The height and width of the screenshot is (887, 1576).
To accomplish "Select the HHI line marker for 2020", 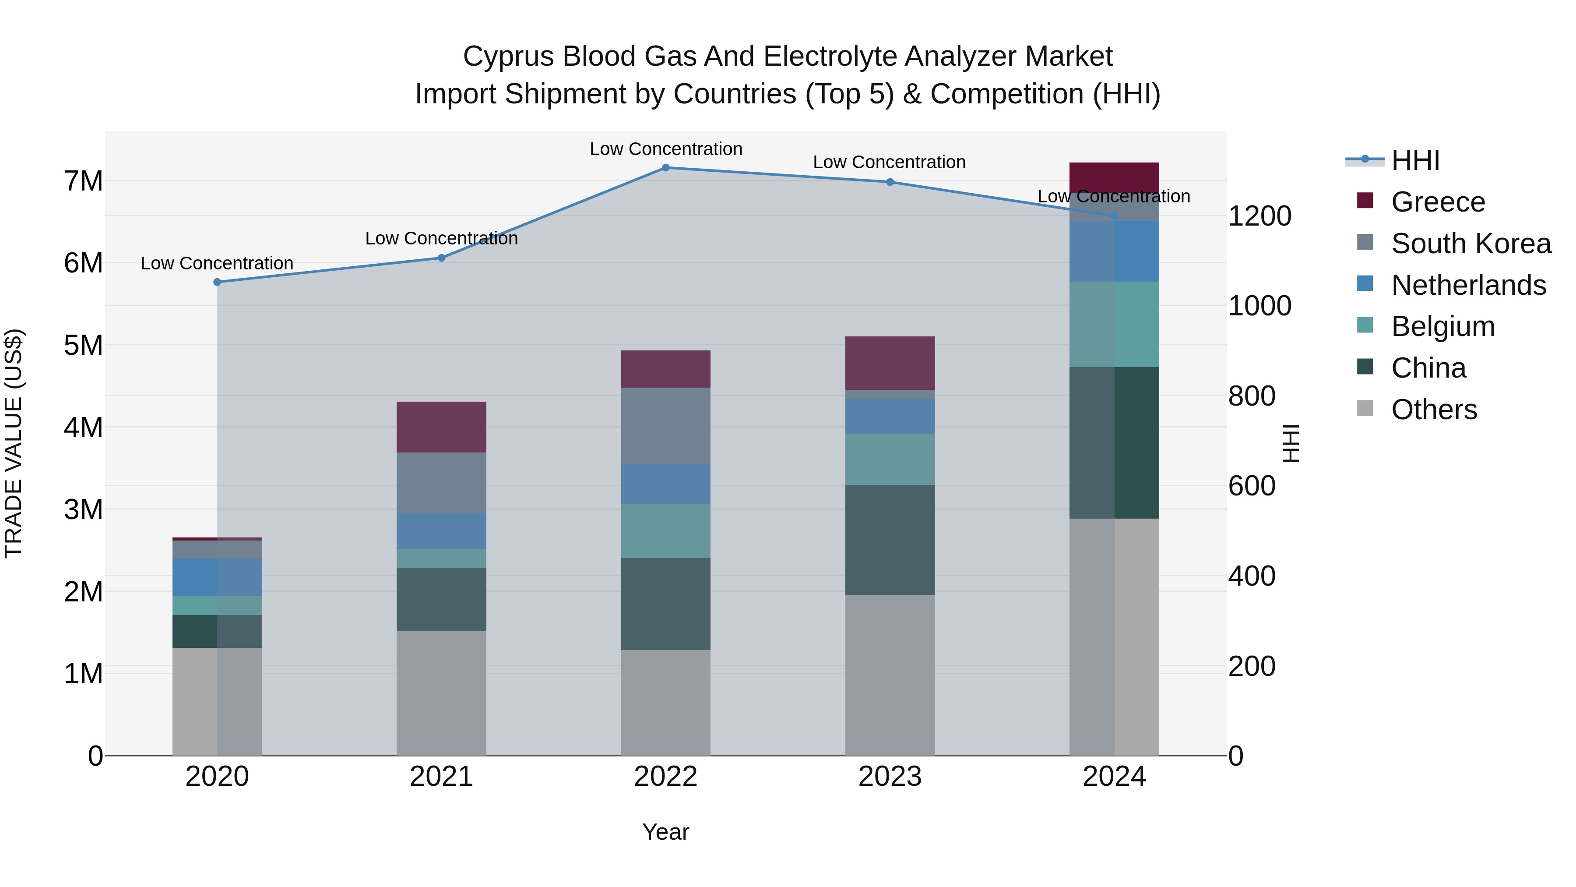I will click(x=217, y=282).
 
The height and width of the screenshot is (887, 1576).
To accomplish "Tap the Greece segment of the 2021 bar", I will click(x=441, y=427).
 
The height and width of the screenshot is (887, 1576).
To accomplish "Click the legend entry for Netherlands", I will click(x=1468, y=285).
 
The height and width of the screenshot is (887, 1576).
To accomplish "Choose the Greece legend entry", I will click(x=1438, y=201).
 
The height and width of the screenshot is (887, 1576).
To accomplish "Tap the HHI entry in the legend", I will click(x=1415, y=160).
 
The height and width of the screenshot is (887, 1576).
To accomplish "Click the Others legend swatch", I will click(x=1365, y=408).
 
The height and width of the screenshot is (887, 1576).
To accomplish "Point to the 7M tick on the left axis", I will click(x=83, y=181).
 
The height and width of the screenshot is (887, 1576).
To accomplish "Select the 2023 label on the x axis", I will click(x=890, y=776).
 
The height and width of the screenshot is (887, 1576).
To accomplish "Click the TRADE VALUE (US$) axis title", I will click(x=14, y=443).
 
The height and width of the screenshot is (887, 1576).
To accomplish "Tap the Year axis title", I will click(x=665, y=832).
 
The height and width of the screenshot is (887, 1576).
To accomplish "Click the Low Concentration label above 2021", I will click(x=441, y=238).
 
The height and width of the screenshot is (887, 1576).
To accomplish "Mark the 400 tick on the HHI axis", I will click(x=1252, y=576).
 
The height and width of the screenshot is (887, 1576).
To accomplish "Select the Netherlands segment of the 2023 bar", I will click(x=890, y=416).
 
